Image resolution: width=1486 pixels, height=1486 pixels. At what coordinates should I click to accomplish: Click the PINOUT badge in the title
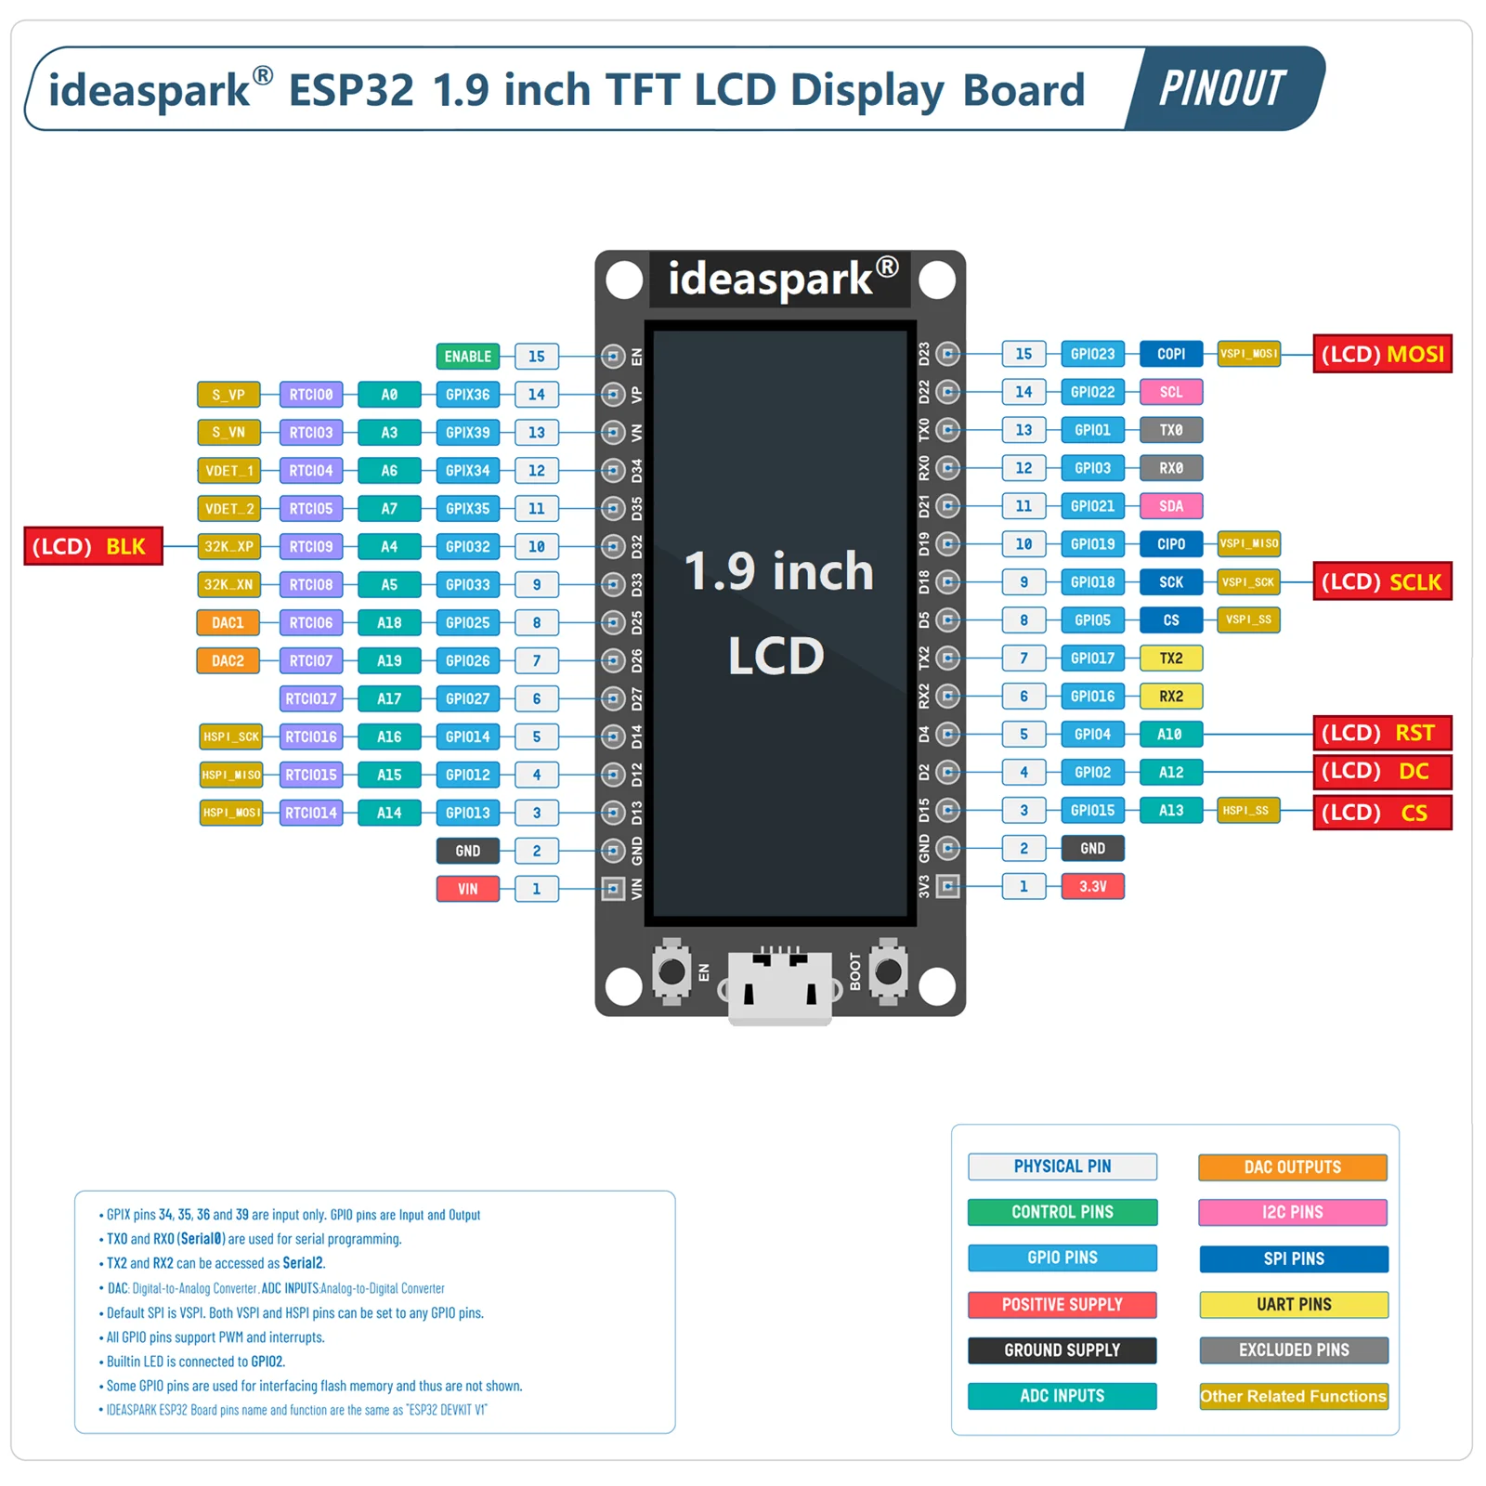tap(1222, 89)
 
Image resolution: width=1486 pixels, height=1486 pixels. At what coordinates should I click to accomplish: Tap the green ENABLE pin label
tap(467, 357)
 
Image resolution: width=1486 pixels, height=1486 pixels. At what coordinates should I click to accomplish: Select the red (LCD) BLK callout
tap(92, 546)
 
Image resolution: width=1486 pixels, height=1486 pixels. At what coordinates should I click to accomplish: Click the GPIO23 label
tap(1092, 354)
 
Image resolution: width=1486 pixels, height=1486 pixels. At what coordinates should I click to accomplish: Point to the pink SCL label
tap(1170, 392)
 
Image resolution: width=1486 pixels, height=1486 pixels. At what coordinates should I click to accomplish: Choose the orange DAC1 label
tap(228, 622)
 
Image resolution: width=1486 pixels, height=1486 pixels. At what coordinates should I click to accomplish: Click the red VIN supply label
tap(467, 889)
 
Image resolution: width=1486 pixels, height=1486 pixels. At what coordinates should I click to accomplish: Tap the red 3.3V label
tap(1092, 886)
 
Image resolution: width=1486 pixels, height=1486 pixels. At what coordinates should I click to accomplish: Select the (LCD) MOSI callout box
tap(1382, 354)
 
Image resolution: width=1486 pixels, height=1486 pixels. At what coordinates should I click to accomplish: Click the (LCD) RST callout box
tap(1382, 733)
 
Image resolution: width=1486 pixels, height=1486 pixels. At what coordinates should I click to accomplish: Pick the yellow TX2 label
tap(1170, 658)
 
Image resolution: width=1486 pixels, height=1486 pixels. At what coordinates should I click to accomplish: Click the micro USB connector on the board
tap(779, 986)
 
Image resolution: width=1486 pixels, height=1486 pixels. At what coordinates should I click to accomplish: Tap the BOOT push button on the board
tap(889, 972)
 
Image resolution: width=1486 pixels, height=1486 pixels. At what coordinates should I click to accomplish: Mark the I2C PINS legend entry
tap(1293, 1212)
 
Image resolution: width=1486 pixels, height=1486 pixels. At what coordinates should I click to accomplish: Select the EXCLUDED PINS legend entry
tap(1293, 1349)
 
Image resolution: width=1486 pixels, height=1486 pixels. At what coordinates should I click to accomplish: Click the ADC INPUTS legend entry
tap(1062, 1396)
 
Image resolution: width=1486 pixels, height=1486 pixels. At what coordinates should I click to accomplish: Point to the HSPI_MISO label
tap(231, 775)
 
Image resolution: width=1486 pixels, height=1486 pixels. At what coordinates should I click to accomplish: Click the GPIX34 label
tap(467, 471)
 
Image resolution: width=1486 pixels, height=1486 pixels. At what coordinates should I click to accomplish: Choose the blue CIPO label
tap(1170, 544)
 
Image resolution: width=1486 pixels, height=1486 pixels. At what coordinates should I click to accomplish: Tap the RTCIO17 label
tap(311, 698)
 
